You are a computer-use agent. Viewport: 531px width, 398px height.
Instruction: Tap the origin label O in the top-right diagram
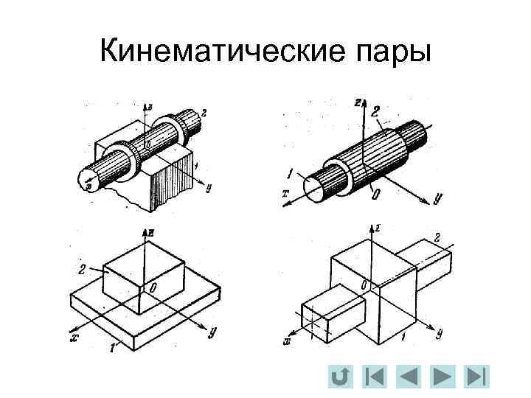pos(377,192)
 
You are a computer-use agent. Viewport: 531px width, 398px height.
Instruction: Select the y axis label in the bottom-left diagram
pos(212,331)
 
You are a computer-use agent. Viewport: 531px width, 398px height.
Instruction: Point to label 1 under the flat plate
pos(111,345)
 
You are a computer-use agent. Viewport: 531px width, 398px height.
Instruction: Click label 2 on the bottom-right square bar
pos(437,237)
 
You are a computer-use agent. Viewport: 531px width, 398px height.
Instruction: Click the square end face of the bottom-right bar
pos(315,322)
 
